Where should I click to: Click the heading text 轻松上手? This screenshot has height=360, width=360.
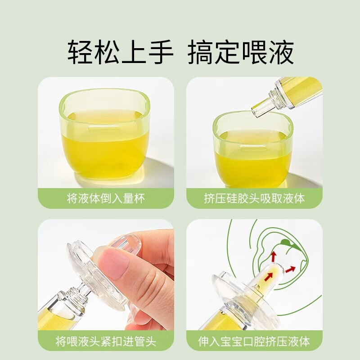pos(121,53)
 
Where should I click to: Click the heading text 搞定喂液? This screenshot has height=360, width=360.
pos(240,53)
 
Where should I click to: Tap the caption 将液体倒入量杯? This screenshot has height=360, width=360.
pos(106,198)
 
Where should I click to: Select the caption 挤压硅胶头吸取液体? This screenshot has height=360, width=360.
pos(254,198)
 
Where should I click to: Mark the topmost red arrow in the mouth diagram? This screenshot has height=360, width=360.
pos(272,257)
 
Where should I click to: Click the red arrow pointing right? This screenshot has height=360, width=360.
pos(290,270)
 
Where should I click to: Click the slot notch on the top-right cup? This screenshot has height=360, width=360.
pos(253,145)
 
